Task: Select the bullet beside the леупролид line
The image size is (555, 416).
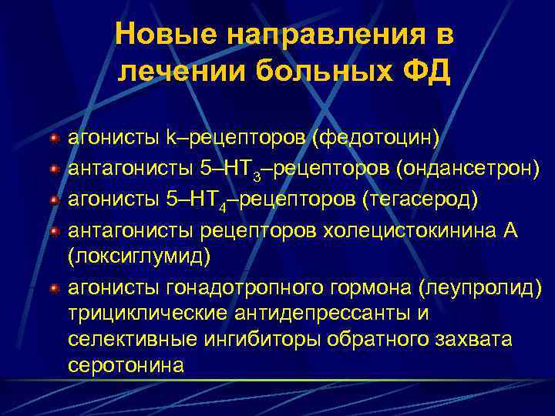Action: coord(53,288)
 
